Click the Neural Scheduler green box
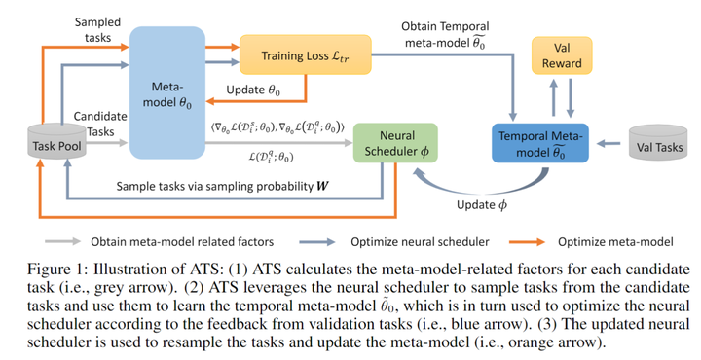point(394,142)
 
